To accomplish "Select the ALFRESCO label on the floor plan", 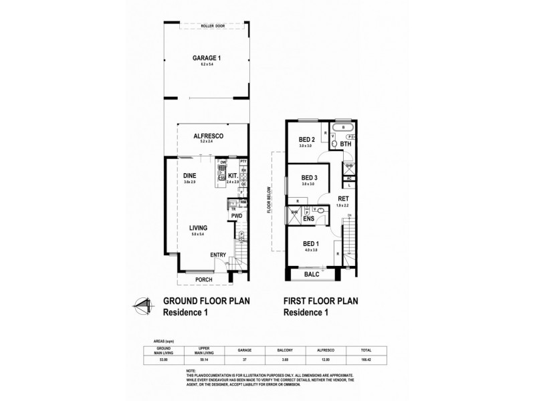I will [208, 136].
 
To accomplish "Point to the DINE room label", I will [189, 176].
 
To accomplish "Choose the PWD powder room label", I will [237, 216].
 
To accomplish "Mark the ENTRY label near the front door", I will [218, 255].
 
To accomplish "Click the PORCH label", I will [204, 279].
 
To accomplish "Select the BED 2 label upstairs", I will [307, 140].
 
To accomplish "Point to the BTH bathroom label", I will [346, 144].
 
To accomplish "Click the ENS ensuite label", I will [308, 218].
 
